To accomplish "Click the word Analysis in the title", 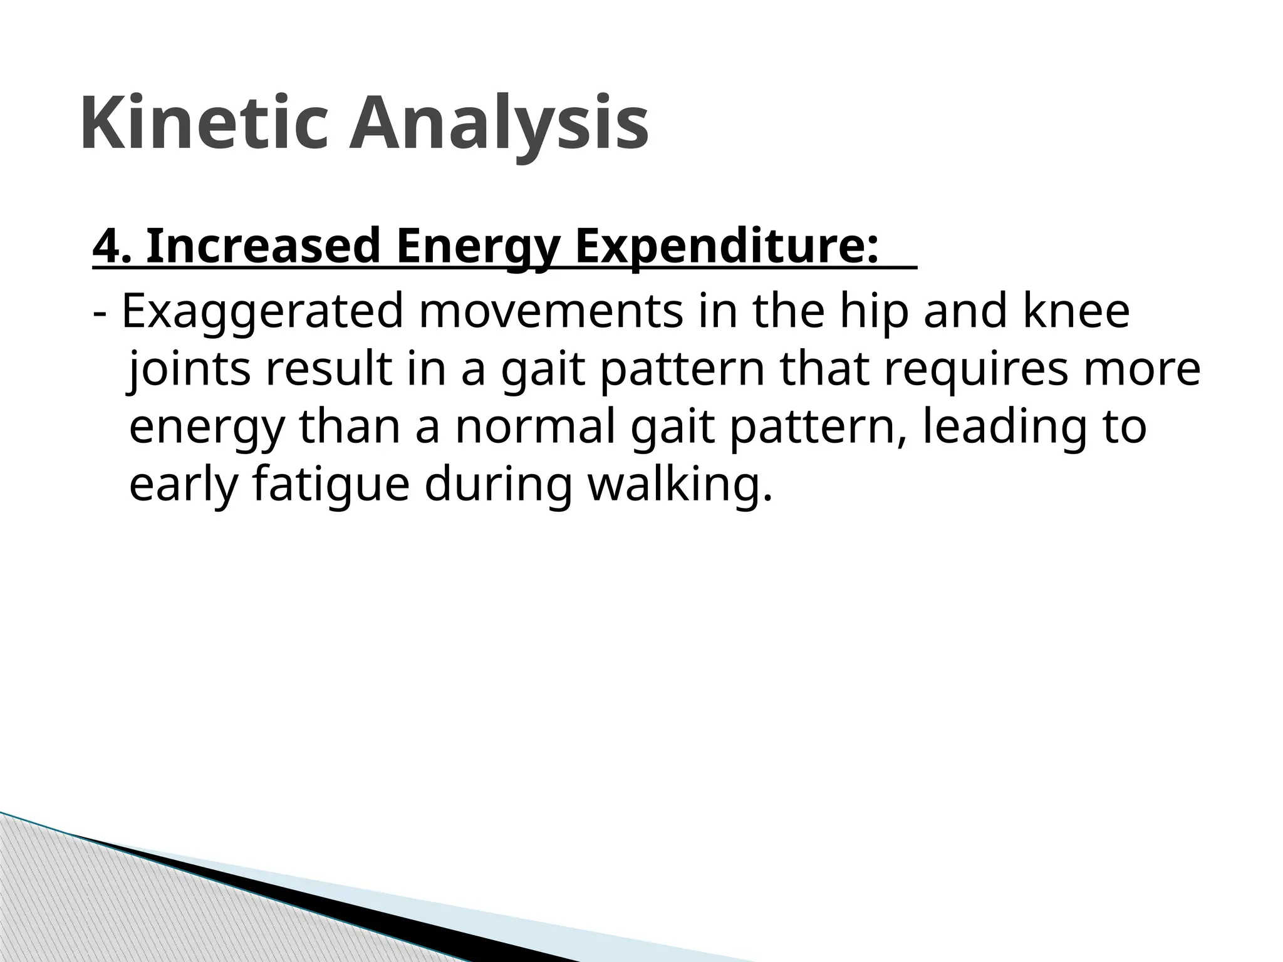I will point(498,123).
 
